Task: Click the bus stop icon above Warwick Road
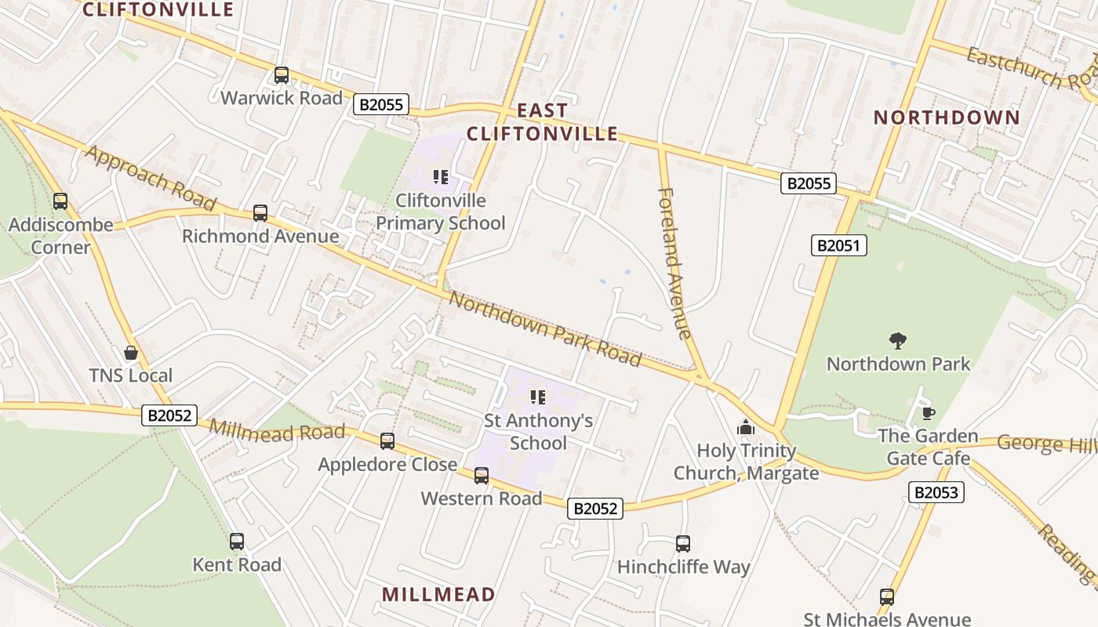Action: coord(282,75)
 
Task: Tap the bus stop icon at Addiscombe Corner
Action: coord(60,201)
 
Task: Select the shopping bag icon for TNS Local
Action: coord(131,353)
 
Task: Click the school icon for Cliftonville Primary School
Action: coord(440,177)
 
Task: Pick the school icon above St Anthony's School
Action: coord(537,397)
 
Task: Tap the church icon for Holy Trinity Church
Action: coord(746,427)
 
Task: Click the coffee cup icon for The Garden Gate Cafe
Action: coord(928,413)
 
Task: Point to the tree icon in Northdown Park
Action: coord(898,340)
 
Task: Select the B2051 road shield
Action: coord(838,245)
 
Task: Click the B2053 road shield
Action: coord(936,492)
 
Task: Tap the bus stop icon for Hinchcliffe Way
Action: coord(683,543)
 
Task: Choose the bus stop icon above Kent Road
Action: coord(237,541)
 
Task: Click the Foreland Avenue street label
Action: coord(675,263)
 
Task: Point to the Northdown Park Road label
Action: coord(545,328)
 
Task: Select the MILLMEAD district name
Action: coord(438,594)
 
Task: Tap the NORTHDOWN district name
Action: coord(947,118)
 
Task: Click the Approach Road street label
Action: coord(150,178)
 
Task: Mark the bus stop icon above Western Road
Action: coord(482,475)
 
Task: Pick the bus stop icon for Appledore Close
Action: coord(387,441)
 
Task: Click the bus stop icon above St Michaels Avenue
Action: coord(887,596)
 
